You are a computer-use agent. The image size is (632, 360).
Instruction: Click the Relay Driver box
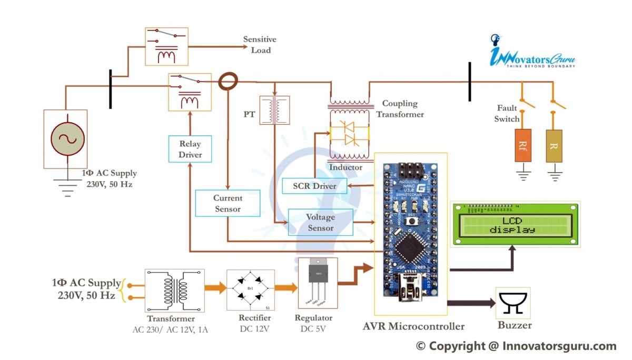[x=190, y=149]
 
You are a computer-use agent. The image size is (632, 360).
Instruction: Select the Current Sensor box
[x=228, y=203]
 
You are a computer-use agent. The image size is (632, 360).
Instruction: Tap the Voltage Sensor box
[x=320, y=223]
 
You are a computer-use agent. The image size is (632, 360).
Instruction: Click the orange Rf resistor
[x=523, y=145]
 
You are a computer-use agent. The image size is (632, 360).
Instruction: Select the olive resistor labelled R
[x=553, y=145]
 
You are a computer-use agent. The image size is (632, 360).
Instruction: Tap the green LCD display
[x=515, y=224]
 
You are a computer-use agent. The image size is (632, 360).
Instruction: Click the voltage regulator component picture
[x=317, y=284]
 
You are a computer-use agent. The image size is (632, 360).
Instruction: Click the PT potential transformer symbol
[x=274, y=110]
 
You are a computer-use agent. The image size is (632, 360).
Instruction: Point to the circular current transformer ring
[x=229, y=82]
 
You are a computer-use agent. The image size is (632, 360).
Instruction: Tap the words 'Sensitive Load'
[x=260, y=45]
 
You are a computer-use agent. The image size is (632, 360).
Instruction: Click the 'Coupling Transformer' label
[x=402, y=109]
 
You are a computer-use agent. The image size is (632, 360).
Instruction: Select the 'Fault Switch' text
[x=507, y=114]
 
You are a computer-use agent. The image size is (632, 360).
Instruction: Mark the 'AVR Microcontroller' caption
[x=413, y=326]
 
